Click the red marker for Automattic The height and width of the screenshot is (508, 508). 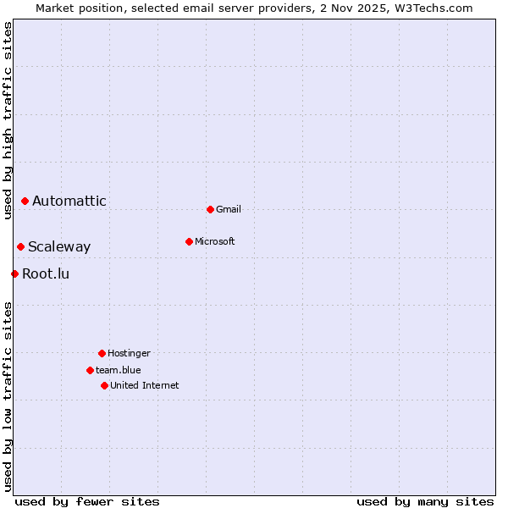click(25, 201)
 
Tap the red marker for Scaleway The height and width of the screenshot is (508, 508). click(20, 246)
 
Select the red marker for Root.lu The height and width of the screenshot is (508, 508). click(14, 273)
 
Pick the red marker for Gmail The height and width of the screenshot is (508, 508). click(210, 209)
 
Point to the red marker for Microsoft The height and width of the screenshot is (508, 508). click(189, 241)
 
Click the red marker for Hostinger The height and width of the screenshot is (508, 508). click(102, 353)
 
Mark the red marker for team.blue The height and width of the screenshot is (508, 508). click(90, 370)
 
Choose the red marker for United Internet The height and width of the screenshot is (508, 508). click(104, 385)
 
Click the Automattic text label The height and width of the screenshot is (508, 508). click(69, 201)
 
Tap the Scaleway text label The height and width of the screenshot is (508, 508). click(59, 246)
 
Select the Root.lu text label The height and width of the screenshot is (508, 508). click(46, 273)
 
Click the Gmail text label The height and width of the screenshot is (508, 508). click(229, 209)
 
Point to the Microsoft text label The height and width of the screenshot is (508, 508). click(215, 241)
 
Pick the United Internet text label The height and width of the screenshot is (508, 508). click(145, 385)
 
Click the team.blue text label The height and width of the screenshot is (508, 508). click(119, 370)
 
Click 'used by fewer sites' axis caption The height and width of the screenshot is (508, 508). click(87, 501)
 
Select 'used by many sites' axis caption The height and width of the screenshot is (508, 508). click(425, 501)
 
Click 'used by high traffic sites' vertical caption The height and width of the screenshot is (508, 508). click(8, 120)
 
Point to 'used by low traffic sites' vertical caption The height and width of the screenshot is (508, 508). click(8, 396)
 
